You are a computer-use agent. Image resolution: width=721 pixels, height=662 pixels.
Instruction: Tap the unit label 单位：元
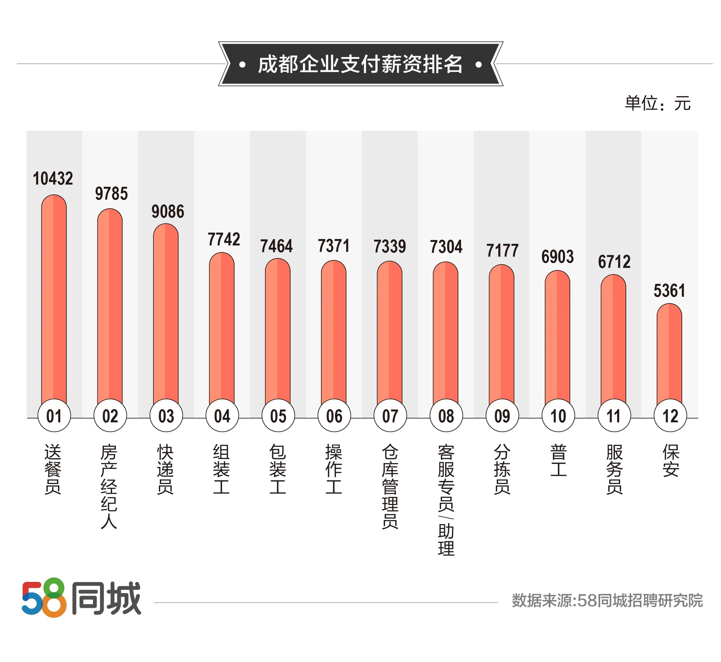657,103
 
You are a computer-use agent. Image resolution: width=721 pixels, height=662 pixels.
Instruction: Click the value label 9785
111,194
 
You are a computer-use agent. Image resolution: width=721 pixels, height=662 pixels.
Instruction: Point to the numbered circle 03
166,416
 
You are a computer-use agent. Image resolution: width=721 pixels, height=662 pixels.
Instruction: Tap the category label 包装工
278,469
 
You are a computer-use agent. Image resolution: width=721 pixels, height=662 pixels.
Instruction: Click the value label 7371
334,246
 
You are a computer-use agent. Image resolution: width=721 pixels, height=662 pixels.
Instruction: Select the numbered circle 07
390,416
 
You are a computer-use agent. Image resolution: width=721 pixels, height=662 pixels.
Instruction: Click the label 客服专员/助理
446,500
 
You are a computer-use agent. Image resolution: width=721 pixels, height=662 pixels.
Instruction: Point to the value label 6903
557,257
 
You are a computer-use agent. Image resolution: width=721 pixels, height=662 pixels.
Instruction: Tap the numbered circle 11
614,416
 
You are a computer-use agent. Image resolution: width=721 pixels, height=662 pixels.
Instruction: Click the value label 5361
669,291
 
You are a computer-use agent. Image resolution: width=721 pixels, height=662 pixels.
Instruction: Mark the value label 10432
53,178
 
